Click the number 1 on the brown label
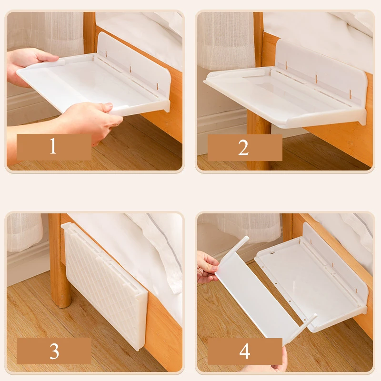(53, 146)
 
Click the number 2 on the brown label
(243, 148)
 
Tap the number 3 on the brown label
(54, 351)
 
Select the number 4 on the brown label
(245, 351)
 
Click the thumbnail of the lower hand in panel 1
(109, 106)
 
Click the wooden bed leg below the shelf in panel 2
(258, 141)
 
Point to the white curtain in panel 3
(24, 232)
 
